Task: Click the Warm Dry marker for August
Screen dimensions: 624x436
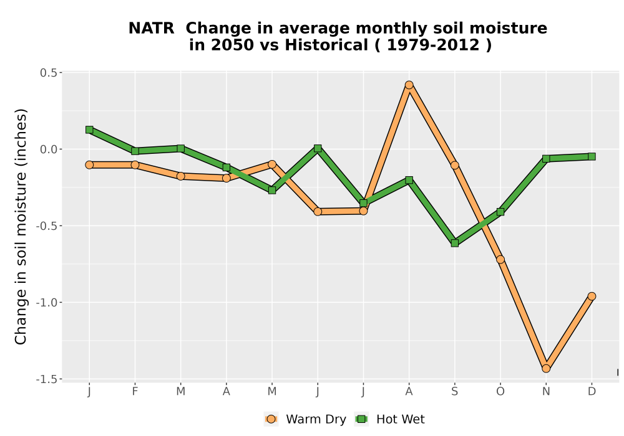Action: [x=409, y=85]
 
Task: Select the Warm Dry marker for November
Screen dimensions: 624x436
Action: [x=546, y=369]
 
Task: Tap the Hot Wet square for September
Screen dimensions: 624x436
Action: [x=455, y=243]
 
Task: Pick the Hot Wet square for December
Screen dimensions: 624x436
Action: [x=592, y=156]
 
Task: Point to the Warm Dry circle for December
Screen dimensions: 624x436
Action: [x=592, y=296]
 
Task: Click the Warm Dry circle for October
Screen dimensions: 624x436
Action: [x=500, y=259]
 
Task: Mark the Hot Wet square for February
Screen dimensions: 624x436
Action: [x=135, y=151]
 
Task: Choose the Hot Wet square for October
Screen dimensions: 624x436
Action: [x=500, y=212]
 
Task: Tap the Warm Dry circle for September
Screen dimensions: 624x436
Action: [x=455, y=165]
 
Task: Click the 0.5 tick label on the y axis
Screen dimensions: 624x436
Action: [x=48, y=73]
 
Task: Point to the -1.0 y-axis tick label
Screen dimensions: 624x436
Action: [x=46, y=303]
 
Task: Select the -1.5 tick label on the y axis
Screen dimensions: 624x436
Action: [x=46, y=379]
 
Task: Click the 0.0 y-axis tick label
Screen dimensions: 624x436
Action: [x=48, y=149]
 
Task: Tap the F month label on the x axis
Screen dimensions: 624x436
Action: [x=135, y=392]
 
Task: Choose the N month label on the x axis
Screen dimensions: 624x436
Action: [x=546, y=392]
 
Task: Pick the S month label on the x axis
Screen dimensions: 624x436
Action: [x=455, y=392]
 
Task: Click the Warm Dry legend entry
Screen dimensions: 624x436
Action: [x=305, y=419]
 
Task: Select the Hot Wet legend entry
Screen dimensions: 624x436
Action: [x=389, y=419]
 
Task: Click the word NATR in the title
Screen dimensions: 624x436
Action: [x=151, y=28]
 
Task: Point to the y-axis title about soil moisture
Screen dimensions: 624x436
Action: [x=21, y=226]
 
